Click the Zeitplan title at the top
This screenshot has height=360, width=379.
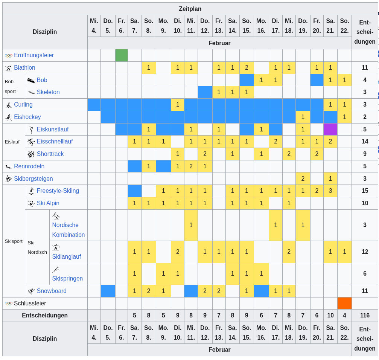tap(190, 9)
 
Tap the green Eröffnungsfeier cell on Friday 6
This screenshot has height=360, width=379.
tap(121, 55)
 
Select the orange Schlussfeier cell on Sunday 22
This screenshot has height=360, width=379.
tap(344, 303)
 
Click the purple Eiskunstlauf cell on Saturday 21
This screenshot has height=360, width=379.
tap(330, 129)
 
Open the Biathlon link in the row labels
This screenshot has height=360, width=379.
tap(24, 68)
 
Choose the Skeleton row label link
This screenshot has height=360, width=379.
tap(48, 92)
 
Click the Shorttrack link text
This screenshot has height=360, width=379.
tap(50, 154)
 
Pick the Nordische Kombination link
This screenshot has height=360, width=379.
tap(68, 230)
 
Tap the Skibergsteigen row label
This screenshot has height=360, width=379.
tap(33, 178)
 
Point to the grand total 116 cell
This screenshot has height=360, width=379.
tap(364, 316)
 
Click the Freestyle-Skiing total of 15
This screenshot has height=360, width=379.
tap(364, 191)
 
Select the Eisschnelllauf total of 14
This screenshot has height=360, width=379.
tap(364, 142)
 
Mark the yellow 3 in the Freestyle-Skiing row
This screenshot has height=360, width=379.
tap(330, 191)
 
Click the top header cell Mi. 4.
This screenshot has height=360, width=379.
tap(94, 26)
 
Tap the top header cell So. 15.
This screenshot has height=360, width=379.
tap(247, 26)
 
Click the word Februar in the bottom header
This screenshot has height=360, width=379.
tap(219, 350)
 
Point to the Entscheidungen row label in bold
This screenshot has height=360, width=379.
tap(45, 316)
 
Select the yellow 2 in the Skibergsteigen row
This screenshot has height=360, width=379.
tap(303, 178)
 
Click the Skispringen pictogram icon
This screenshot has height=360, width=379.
tap(56, 269)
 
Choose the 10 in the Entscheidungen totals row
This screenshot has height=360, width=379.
tap(330, 316)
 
